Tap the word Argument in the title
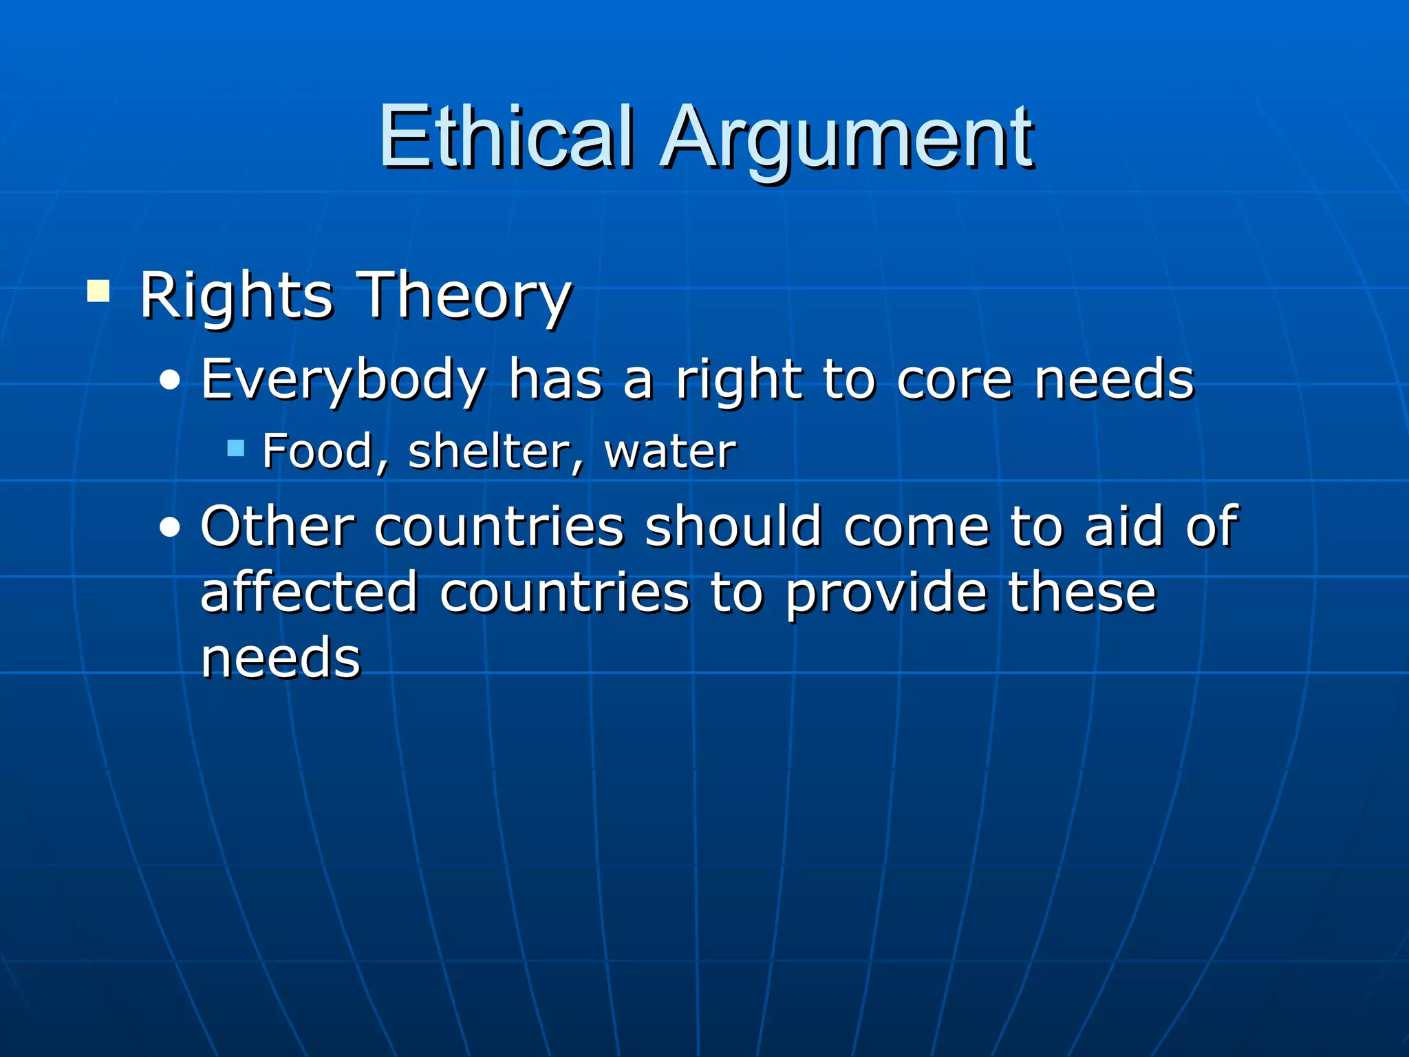pyautogui.click(x=848, y=141)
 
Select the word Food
pyautogui.click(x=318, y=452)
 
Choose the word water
pyautogui.click(x=669, y=452)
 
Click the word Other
pyautogui.click(x=277, y=526)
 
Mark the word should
pyautogui.click(x=733, y=526)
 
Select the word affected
pyautogui.click(x=309, y=592)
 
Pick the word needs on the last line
pyautogui.click(x=281, y=657)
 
